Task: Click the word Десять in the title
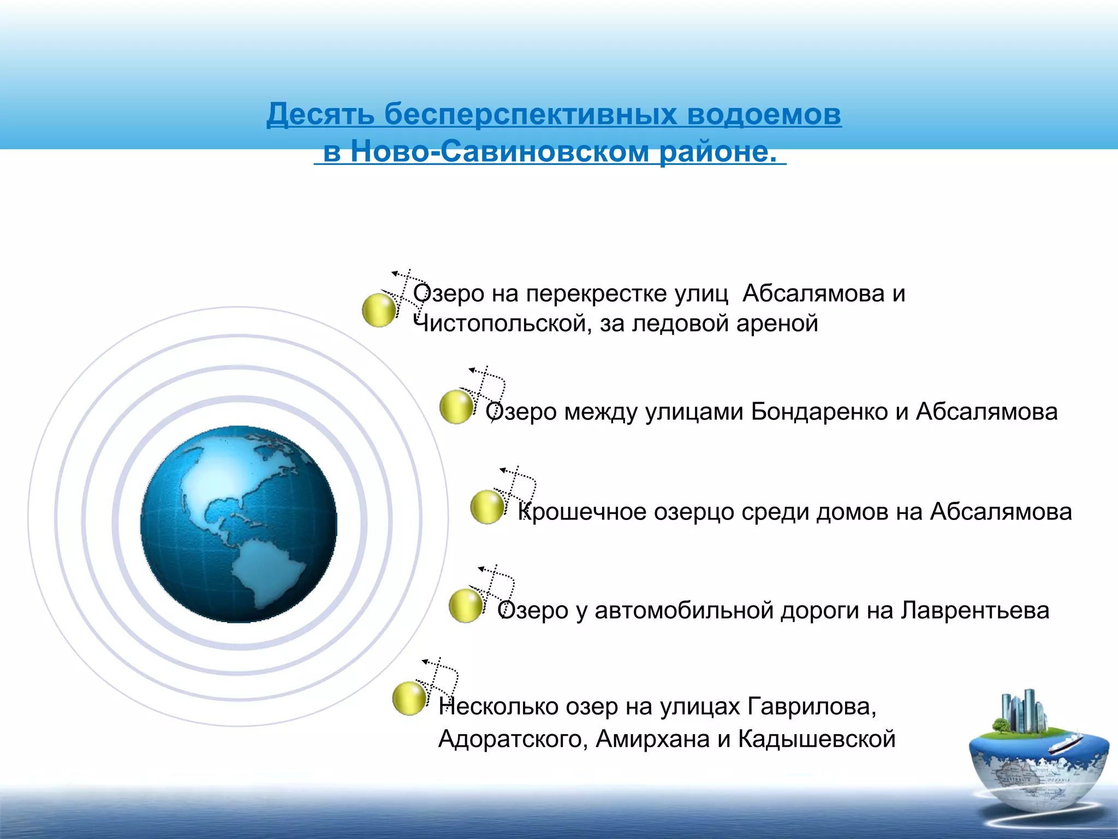pos(320,115)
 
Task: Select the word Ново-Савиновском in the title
pos(500,151)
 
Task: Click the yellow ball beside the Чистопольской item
pos(378,310)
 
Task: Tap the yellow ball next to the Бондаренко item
pos(456,407)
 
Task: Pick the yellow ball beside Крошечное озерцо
pos(486,507)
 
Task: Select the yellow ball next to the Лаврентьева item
pos(465,605)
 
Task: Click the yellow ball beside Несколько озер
pos(409,698)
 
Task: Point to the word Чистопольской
pos(499,323)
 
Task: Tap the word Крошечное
pos(582,512)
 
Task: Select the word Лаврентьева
pos(974,611)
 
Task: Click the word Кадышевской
pos(817,740)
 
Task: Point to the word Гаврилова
pos(811,707)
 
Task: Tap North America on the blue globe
pos(229,481)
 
